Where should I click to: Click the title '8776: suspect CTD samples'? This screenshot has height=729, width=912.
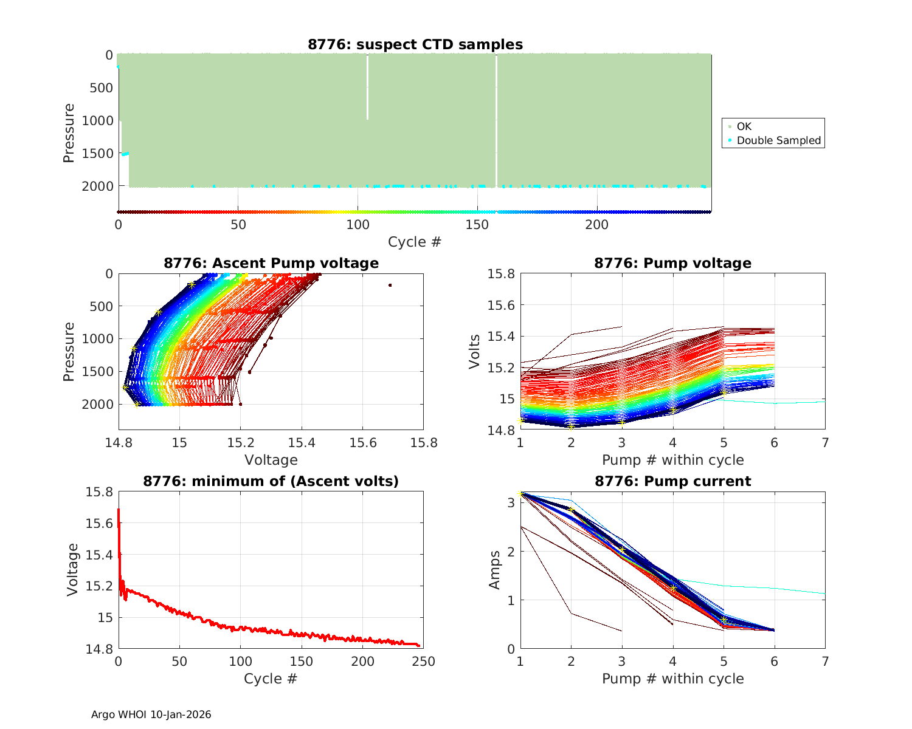(415, 44)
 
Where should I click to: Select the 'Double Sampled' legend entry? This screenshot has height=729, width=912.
(778, 140)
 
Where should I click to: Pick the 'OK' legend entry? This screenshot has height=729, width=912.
(744, 126)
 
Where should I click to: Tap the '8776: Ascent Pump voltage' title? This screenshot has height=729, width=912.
(271, 263)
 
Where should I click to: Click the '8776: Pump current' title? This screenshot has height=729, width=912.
(672, 481)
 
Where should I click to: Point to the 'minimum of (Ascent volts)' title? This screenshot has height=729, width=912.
(271, 481)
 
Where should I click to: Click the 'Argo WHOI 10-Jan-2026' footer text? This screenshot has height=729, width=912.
(151, 714)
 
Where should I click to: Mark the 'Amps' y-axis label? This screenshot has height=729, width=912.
(495, 570)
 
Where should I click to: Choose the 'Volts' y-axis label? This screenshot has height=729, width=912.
(475, 352)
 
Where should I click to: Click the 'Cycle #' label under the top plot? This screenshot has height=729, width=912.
(415, 242)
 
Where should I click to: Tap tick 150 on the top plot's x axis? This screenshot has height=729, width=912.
(477, 225)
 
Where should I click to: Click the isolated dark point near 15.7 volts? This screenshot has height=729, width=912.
(390, 285)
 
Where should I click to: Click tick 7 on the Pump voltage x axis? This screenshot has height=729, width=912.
(825, 442)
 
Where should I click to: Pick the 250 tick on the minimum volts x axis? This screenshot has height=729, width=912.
(424, 661)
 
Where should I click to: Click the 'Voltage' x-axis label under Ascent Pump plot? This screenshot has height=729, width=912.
(271, 460)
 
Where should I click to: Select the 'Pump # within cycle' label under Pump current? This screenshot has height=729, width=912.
(672, 679)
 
